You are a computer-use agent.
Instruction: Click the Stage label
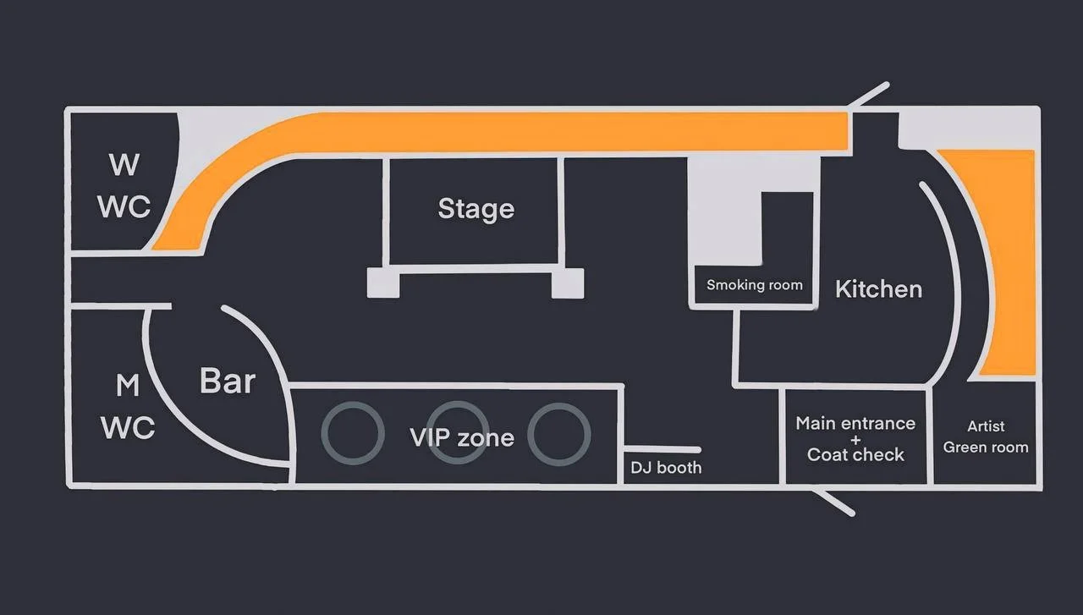476,209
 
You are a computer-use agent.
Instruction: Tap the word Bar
227,381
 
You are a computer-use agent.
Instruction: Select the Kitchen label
878,289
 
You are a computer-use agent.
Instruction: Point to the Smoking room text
754,285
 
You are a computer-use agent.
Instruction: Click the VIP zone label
462,437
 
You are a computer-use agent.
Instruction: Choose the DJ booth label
666,467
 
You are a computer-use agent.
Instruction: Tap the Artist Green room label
986,437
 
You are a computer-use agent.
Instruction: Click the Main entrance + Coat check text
855,438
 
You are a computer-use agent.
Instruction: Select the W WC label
124,186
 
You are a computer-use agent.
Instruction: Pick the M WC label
128,407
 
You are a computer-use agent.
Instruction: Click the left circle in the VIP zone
351,433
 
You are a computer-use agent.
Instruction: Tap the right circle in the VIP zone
558,433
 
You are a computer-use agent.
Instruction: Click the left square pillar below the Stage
382,283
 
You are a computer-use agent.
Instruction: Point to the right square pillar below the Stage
567,283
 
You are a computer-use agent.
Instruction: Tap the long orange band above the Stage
550,133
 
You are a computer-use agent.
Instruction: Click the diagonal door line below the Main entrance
833,500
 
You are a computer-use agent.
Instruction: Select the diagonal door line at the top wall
869,94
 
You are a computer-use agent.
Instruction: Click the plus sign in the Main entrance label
855,439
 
